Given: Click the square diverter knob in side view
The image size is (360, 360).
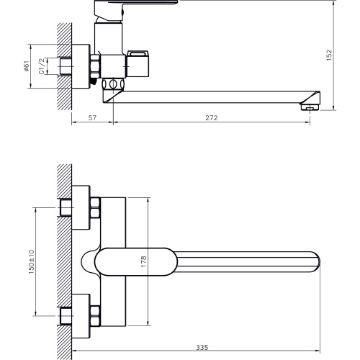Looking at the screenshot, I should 139,64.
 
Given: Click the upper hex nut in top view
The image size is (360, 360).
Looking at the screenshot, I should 94,211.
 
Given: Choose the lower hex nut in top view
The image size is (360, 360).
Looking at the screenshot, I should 94,314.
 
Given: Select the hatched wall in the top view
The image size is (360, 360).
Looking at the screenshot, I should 64,263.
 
